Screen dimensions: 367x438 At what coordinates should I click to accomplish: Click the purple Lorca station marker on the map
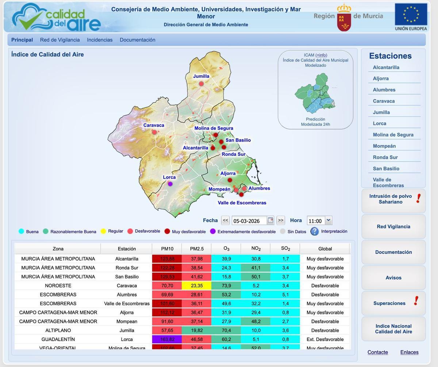tap(170, 184)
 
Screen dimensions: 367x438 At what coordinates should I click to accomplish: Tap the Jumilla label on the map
tap(201, 76)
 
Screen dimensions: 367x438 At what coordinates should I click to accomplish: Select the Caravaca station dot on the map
tap(154, 132)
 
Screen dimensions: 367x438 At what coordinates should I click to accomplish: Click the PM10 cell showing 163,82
tap(167, 339)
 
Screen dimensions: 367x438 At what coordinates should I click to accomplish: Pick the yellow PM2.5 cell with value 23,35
tap(196, 286)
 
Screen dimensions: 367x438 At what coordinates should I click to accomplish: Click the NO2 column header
tap(255, 249)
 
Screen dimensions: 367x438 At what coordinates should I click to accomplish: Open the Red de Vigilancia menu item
tap(60, 40)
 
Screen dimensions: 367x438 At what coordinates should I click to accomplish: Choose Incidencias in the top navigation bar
tap(100, 40)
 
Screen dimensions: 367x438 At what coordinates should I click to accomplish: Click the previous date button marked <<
tap(225, 220)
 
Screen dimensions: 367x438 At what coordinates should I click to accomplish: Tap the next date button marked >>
tap(280, 220)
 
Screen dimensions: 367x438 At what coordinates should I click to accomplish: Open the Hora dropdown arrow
tap(328, 220)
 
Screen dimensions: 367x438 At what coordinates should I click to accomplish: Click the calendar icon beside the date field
tap(270, 220)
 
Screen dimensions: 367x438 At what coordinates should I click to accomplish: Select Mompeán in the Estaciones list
tap(384, 146)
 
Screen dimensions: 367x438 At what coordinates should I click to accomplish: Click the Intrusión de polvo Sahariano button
tap(393, 199)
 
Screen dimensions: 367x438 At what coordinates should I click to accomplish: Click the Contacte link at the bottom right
tap(377, 352)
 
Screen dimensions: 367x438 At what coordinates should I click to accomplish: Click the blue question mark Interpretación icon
tap(314, 231)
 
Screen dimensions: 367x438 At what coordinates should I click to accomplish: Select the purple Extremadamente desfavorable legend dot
tap(213, 231)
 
